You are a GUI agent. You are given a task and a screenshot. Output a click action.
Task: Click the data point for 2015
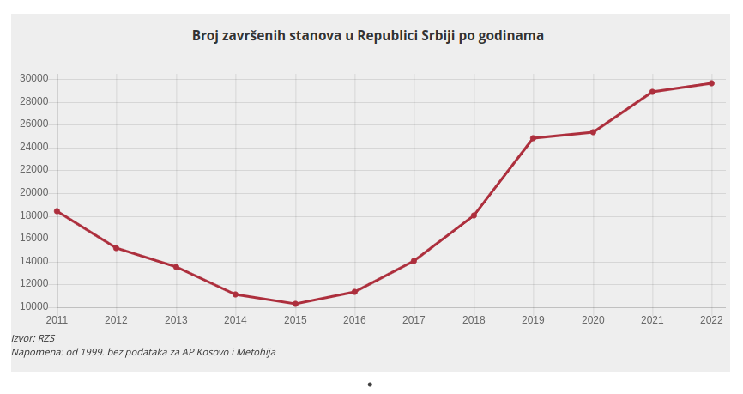click(x=295, y=304)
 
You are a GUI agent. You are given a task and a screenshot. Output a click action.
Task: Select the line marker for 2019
click(x=533, y=138)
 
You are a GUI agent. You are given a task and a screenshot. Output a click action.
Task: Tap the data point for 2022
click(x=711, y=83)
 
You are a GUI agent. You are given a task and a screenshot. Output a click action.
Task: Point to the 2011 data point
click(x=57, y=211)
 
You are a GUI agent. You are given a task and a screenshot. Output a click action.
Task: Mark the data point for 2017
click(x=414, y=261)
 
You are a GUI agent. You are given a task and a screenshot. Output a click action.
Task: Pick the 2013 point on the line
click(x=176, y=267)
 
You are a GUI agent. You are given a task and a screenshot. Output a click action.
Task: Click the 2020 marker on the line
click(x=593, y=132)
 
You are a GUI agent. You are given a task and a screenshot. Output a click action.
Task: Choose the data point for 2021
click(x=652, y=92)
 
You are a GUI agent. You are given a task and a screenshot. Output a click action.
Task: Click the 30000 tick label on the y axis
click(x=33, y=79)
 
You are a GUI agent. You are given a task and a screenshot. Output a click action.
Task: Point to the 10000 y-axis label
click(x=33, y=307)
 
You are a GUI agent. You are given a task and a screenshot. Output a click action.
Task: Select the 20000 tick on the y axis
click(x=33, y=193)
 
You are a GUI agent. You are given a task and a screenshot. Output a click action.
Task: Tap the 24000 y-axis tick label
click(x=33, y=148)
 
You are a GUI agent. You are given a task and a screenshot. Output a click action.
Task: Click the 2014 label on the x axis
click(x=235, y=320)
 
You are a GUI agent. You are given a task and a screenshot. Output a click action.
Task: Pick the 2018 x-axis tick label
click(x=474, y=320)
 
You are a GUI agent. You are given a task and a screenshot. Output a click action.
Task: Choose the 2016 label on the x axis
click(x=354, y=320)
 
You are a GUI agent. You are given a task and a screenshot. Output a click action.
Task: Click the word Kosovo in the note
click(x=209, y=352)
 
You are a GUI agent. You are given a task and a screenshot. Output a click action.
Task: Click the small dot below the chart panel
click(x=370, y=385)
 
